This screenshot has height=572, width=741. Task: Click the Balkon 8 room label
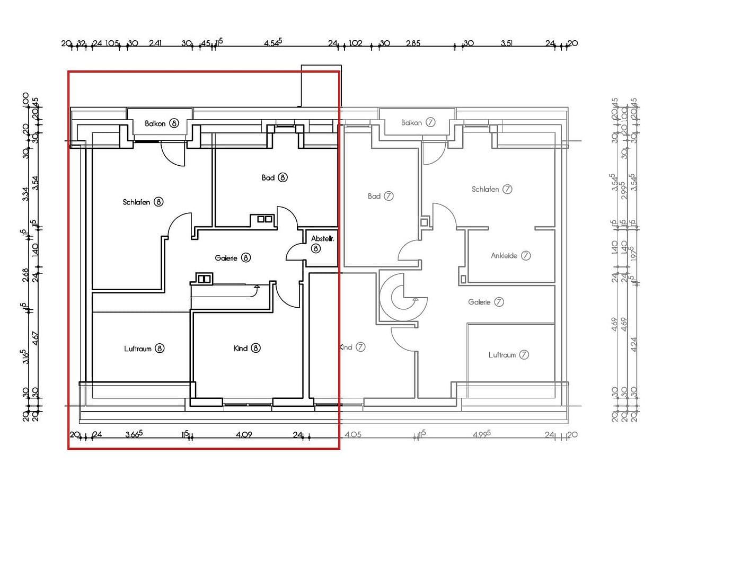pyautogui.click(x=162, y=123)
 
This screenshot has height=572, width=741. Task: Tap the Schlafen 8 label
pyautogui.click(x=143, y=202)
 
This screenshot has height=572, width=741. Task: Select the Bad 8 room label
pyautogui.click(x=275, y=177)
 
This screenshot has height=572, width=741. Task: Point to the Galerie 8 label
pyautogui.click(x=232, y=258)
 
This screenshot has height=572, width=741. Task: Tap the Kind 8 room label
pyautogui.click(x=247, y=348)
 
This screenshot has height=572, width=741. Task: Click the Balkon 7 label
pyautogui.click(x=418, y=122)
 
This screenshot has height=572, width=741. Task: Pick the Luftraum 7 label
pyautogui.click(x=508, y=355)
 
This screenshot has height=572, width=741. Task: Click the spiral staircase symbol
pyautogui.click(x=404, y=298)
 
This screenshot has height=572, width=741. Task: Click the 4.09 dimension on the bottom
pyautogui.click(x=244, y=434)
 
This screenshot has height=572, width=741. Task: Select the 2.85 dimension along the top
pyautogui.click(x=413, y=43)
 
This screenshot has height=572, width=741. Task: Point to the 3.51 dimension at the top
pyautogui.click(x=506, y=43)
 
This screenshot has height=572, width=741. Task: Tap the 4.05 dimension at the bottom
pyautogui.click(x=352, y=434)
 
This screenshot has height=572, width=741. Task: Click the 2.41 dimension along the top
pyautogui.click(x=155, y=43)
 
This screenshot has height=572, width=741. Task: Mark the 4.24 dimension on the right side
pyautogui.click(x=633, y=344)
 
